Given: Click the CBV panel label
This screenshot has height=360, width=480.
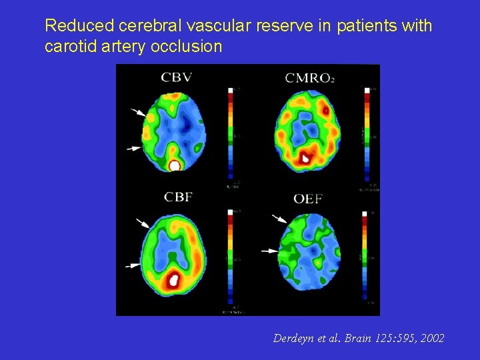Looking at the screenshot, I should (x=176, y=77).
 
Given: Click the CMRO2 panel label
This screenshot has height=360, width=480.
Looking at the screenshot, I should (x=309, y=78).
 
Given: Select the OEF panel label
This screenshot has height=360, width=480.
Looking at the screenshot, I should (x=309, y=198).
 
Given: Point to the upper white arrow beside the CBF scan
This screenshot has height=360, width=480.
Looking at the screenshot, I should (x=143, y=223).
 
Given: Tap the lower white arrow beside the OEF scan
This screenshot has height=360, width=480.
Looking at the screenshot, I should (x=269, y=251).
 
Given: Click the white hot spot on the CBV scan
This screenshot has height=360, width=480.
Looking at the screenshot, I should (x=175, y=165).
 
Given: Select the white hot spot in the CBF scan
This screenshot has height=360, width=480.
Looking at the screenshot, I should (x=174, y=280).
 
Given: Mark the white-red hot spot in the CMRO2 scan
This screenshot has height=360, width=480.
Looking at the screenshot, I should (x=306, y=158).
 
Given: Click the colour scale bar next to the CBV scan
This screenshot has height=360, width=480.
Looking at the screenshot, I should (x=230, y=133).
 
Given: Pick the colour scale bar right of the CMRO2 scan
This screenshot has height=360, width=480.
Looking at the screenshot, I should (x=365, y=133).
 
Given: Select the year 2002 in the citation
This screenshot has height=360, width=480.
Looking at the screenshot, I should (x=430, y=339).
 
